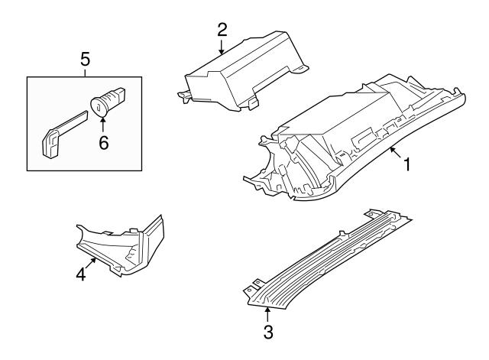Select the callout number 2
[222, 30]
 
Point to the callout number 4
[80, 274]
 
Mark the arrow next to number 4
[92, 263]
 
